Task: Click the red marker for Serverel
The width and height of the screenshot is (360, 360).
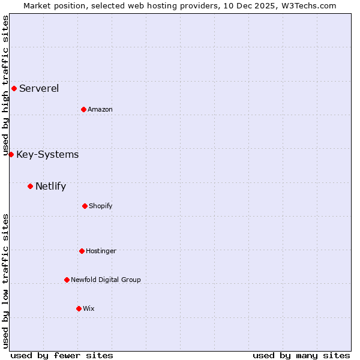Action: [x=14, y=88]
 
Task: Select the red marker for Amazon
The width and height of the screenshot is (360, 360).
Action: [x=83, y=109]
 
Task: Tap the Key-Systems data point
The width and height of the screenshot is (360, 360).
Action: [x=11, y=154]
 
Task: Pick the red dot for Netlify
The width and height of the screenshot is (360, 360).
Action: [x=30, y=186]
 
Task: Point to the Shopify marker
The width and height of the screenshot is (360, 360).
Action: [x=85, y=206]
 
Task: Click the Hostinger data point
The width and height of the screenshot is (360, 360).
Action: [x=82, y=251]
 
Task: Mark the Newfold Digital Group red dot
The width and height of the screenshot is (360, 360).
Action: [x=67, y=280]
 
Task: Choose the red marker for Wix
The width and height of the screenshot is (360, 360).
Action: [x=79, y=308]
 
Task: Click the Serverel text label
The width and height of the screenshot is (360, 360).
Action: [x=39, y=89]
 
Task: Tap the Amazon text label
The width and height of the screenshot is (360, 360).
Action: [x=100, y=109]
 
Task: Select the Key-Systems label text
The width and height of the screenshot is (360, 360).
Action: [x=47, y=155]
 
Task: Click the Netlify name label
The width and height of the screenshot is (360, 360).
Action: [x=50, y=187]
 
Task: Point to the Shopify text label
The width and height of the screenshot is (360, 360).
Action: [x=101, y=206]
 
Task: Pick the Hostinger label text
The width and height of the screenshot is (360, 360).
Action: [x=101, y=251]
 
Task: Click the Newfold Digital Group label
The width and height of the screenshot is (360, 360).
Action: [x=106, y=280]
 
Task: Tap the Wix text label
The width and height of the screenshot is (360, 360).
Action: [x=89, y=308]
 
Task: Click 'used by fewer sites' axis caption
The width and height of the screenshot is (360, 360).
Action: [x=62, y=355]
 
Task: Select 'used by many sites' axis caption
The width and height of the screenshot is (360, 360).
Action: [x=301, y=355]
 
